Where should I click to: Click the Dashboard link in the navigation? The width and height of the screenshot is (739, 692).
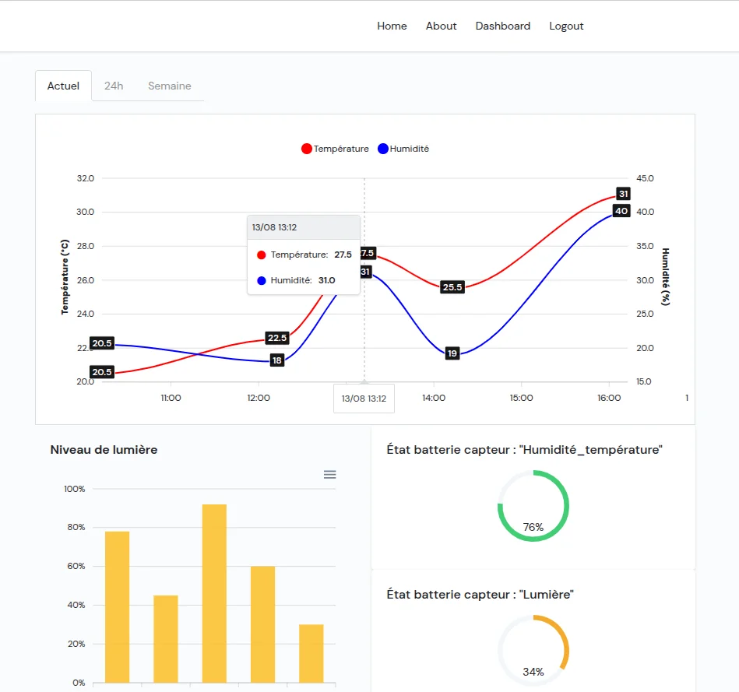pos(502,26)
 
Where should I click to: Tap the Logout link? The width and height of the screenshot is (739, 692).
pos(566,26)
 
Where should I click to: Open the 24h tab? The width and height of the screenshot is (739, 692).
pos(114,86)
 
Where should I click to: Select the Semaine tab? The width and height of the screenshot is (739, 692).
pos(169,86)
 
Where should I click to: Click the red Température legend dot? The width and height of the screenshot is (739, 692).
pos(307,149)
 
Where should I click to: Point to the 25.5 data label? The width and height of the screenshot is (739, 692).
pos(452,287)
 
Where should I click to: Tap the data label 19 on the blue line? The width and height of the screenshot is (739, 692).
pos(452,353)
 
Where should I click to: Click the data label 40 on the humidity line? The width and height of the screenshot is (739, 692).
pos(621,211)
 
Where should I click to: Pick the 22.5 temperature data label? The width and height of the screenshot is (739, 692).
pos(276,338)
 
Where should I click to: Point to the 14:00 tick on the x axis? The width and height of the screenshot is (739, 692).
pos(434,398)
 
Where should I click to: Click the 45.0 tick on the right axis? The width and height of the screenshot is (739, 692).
pos(646,178)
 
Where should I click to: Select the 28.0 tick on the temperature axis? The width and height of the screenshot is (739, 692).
pos(85,246)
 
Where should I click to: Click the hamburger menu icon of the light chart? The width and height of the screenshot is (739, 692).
pos(330,474)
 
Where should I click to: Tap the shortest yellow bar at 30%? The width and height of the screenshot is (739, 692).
pos(311,653)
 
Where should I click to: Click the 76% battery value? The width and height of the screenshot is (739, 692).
pos(533,527)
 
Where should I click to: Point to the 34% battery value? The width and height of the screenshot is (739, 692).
pos(533,672)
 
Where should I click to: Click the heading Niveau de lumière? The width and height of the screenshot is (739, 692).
pos(104,449)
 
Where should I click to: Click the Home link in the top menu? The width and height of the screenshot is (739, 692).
pos(392,26)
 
